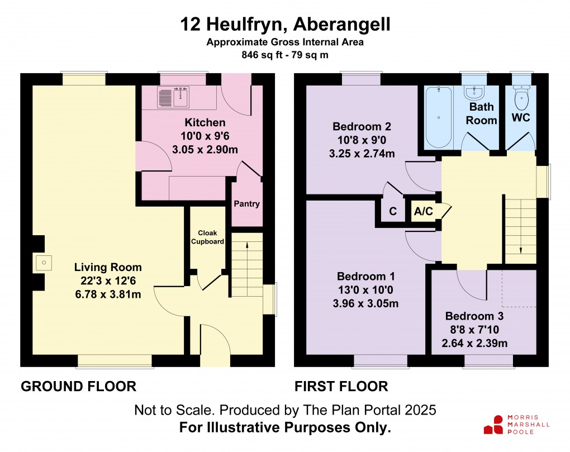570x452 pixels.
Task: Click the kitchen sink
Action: pyautogui.click(x=174, y=98)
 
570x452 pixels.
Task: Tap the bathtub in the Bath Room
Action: pyautogui.click(x=439, y=118)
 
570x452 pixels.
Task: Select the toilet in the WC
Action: pyautogui.click(x=521, y=100)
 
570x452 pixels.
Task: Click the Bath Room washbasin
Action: pyautogui.click(x=477, y=92)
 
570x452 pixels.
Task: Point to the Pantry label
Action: pyautogui.click(x=246, y=204)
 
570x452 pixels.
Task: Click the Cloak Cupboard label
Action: pyautogui.click(x=207, y=237)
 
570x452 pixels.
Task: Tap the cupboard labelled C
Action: pyautogui.click(x=393, y=212)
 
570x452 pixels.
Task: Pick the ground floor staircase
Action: pyautogui.click(x=246, y=265)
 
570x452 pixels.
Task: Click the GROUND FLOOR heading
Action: pyautogui.click(x=78, y=386)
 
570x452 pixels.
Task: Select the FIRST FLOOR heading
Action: pyautogui.click(x=341, y=386)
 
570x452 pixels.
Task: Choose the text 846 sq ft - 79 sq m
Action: pyautogui.click(x=284, y=55)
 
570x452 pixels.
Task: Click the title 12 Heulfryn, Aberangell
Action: pyautogui.click(x=284, y=25)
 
